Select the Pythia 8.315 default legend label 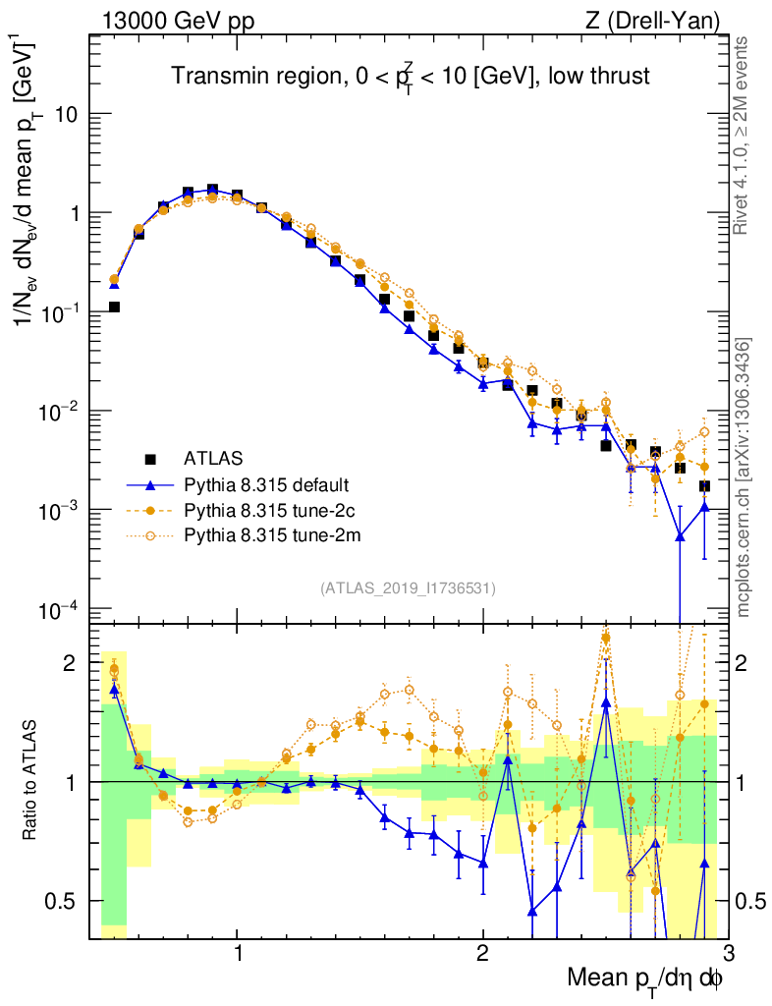pos(267,484)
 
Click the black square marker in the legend pos(150,458)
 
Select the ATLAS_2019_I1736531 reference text pos(408,588)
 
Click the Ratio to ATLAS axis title pos(31,781)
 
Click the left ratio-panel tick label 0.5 pos(64,901)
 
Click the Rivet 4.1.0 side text pos(744,136)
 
